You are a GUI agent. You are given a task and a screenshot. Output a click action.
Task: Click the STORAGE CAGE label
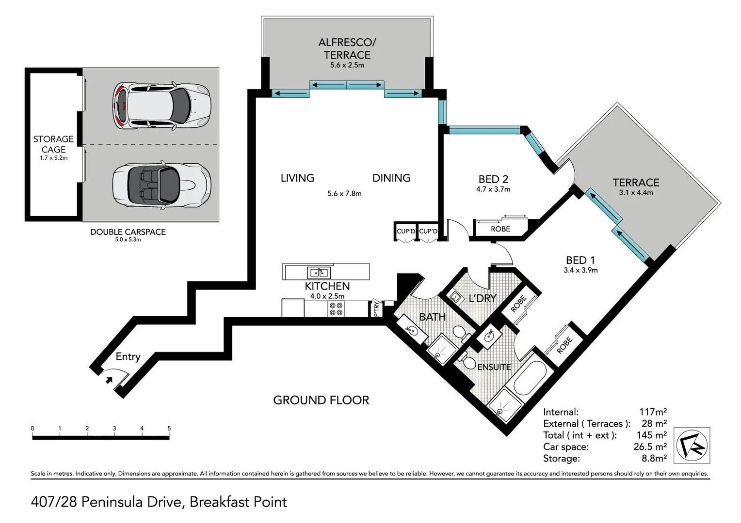[x=54, y=144]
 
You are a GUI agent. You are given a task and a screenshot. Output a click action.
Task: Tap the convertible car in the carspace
[x=161, y=185]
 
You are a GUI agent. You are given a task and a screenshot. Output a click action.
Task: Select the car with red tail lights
[x=161, y=106]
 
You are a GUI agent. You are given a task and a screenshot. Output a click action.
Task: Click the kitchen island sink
[x=319, y=273]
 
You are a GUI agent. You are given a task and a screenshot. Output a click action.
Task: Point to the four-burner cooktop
[x=336, y=309]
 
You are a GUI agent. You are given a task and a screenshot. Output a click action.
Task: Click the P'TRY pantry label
[x=376, y=308]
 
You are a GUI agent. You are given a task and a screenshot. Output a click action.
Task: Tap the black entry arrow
[x=109, y=380]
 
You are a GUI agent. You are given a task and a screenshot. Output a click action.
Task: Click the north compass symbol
[x=692, y=445]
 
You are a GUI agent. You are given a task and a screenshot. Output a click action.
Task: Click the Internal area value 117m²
[x=653, y=412]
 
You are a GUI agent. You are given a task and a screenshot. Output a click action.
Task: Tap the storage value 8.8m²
[x=654, y=458]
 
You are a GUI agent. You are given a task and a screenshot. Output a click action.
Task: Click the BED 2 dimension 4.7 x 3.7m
[x=493, y=189]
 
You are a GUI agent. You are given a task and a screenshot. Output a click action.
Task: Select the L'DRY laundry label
[x=483, y=298]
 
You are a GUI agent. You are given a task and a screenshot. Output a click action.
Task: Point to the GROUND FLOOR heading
[x=321, y=400]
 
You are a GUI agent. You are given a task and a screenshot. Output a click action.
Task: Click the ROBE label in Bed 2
[x=500, y=229]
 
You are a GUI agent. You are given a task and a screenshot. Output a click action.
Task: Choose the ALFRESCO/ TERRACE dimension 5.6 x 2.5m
[x=347, y=65]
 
